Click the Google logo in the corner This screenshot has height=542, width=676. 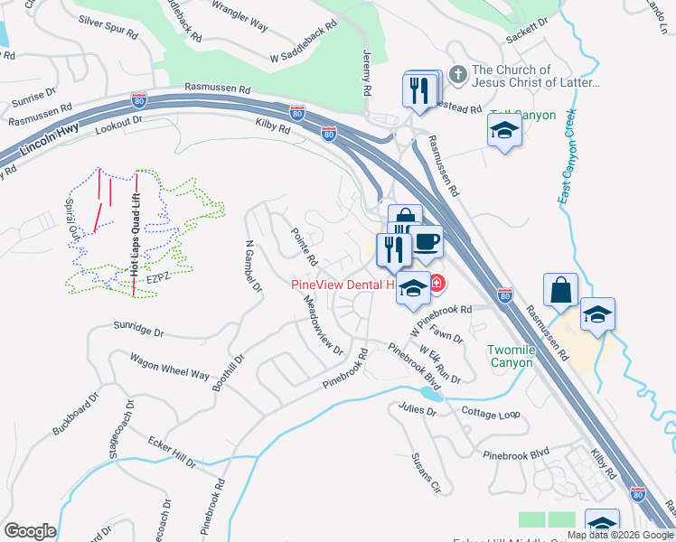click(30, 530)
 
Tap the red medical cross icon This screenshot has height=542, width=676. click(437, 285)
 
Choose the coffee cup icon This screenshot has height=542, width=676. click(427, 242)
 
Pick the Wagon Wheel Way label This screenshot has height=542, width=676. click(169, 368)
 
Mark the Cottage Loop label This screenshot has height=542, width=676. click(491, 414)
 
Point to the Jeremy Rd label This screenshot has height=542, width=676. click(367, 73)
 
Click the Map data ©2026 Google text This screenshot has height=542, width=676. click(620, 535)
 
